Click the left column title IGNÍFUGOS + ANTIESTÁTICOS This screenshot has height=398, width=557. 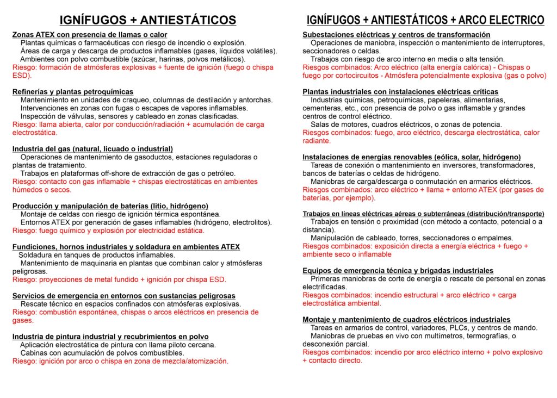(x=147, y=20)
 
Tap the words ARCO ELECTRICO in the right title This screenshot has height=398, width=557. (x=501, y=20)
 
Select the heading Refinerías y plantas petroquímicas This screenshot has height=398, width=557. (x=73, y=91)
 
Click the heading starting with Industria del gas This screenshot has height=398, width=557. (x=92, y=149)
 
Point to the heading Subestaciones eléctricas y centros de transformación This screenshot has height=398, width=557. (x=396, y=35)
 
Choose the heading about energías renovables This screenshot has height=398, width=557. (x=411, y=157)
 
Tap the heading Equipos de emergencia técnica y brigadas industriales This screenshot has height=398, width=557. (x=398, y=270)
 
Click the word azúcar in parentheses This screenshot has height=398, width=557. (x=155, y=59)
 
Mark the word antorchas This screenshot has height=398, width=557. (x=256, y=100)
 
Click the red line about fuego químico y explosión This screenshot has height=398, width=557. (x=108, y=231)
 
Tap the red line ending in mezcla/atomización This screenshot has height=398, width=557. (x=120, y=360)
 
